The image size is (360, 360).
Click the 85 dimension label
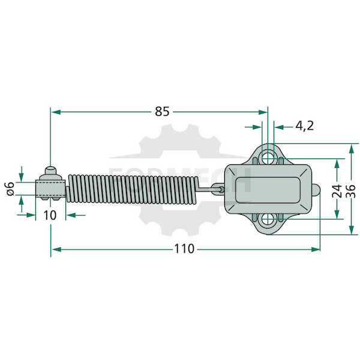[162, 112]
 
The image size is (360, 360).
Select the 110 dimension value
[184, 249]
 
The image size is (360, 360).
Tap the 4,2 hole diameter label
[304, 126]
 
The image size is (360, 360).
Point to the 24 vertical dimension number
[337, 191]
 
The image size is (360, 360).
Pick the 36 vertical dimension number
[352, 191]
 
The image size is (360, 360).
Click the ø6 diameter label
[10, 189]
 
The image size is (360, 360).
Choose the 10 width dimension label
[50, 215]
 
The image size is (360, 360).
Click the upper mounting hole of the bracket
[268, 155]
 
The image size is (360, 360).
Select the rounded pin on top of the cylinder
[50, 170]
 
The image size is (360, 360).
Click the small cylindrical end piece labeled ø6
[50, 189]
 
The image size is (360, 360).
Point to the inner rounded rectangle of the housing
[268, 190]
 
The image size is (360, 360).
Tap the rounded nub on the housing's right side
[316, 190]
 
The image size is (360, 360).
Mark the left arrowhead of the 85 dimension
[55, 112]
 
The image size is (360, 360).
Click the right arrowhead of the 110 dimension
[316, 250]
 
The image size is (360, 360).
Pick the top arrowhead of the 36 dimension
[352, 148]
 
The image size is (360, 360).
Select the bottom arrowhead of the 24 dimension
[337, 214]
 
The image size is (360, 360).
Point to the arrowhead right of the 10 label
[71, 215]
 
